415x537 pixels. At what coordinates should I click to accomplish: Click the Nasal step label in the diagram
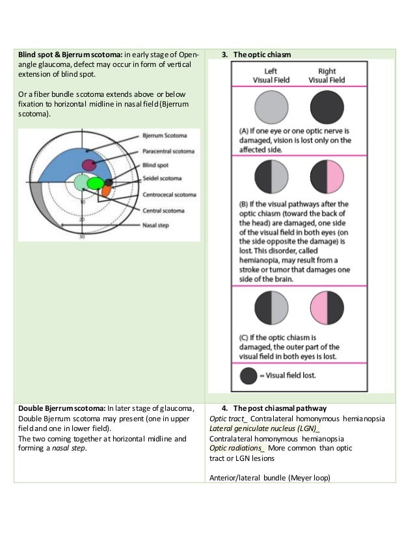tap(155, 225)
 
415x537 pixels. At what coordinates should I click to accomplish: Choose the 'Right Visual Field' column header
tap(327, 75)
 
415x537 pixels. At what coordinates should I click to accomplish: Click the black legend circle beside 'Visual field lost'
tap(248, 375)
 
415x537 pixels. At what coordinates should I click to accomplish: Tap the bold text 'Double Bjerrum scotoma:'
tap(61, 408)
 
